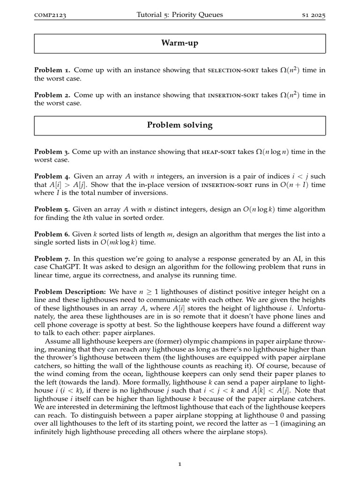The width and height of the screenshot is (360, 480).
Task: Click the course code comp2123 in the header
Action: coord(50,15)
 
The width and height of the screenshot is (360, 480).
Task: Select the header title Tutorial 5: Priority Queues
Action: coord(180,15)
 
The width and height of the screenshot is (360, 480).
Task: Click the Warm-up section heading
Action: coord(180,43)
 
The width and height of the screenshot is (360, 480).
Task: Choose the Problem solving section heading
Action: coord(180,125)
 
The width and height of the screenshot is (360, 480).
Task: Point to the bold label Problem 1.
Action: coord(52,70)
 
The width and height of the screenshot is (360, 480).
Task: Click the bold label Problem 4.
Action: coord(52,176)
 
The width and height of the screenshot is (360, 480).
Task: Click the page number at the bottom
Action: coord(180,464)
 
